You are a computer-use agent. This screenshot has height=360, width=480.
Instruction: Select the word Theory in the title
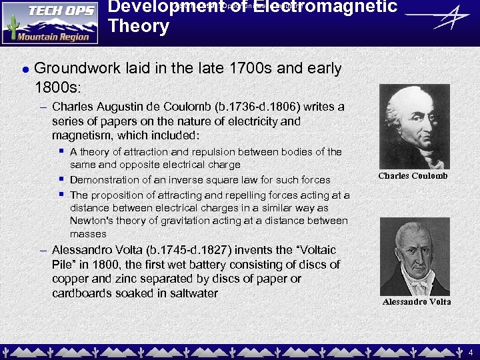139,27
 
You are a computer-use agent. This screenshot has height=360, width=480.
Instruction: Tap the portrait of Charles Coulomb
413,127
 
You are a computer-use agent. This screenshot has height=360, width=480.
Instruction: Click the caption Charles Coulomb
413,176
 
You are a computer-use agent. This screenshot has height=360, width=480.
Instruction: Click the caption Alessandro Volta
417,301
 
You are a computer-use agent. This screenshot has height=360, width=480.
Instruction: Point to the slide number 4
470,351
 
